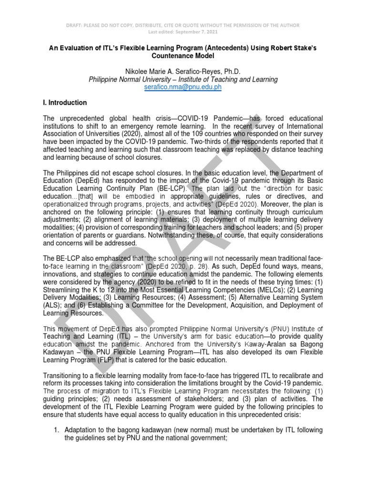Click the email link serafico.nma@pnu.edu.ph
pyautogui.click(x=183, y=88)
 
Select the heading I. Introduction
pyautogui.click(x=65, y=102)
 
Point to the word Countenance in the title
pyautogui.click(x=166, y=56)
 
